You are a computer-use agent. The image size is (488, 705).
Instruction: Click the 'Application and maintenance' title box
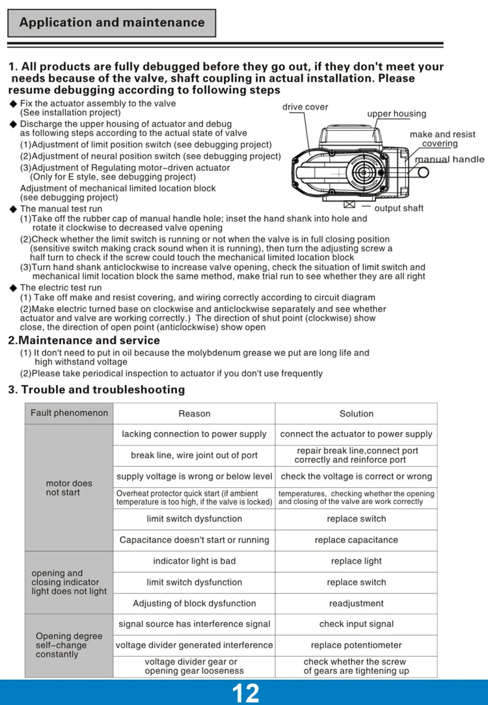111,23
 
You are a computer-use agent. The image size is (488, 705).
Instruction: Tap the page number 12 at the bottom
245,693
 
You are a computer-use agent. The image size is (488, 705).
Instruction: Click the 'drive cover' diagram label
305,107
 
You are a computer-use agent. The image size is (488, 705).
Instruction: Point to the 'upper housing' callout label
396,114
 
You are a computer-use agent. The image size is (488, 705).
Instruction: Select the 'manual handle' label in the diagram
450,159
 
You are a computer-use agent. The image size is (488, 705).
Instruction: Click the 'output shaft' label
399,208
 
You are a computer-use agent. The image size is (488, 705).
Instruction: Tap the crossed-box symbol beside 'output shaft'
349,205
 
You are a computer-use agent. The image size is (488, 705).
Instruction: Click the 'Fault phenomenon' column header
69,413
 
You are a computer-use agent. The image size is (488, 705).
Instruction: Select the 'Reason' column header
194,414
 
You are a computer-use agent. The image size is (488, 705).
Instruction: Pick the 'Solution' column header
356,414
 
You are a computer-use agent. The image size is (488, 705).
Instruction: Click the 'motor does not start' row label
69,488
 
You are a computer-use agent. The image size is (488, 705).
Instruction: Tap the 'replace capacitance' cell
356,540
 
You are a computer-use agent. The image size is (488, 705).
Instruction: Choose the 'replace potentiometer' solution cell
356,645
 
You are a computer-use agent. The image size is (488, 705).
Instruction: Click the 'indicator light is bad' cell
194,561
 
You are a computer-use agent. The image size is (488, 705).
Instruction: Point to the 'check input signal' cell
356,624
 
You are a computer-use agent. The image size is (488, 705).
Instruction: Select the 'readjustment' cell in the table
356,603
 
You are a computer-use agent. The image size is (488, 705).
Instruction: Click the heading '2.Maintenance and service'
84,340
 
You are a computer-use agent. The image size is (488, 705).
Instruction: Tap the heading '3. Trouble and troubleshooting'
96,390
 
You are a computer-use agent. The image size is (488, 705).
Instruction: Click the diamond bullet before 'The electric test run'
13,288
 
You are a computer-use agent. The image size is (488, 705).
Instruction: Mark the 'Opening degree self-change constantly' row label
69,645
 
